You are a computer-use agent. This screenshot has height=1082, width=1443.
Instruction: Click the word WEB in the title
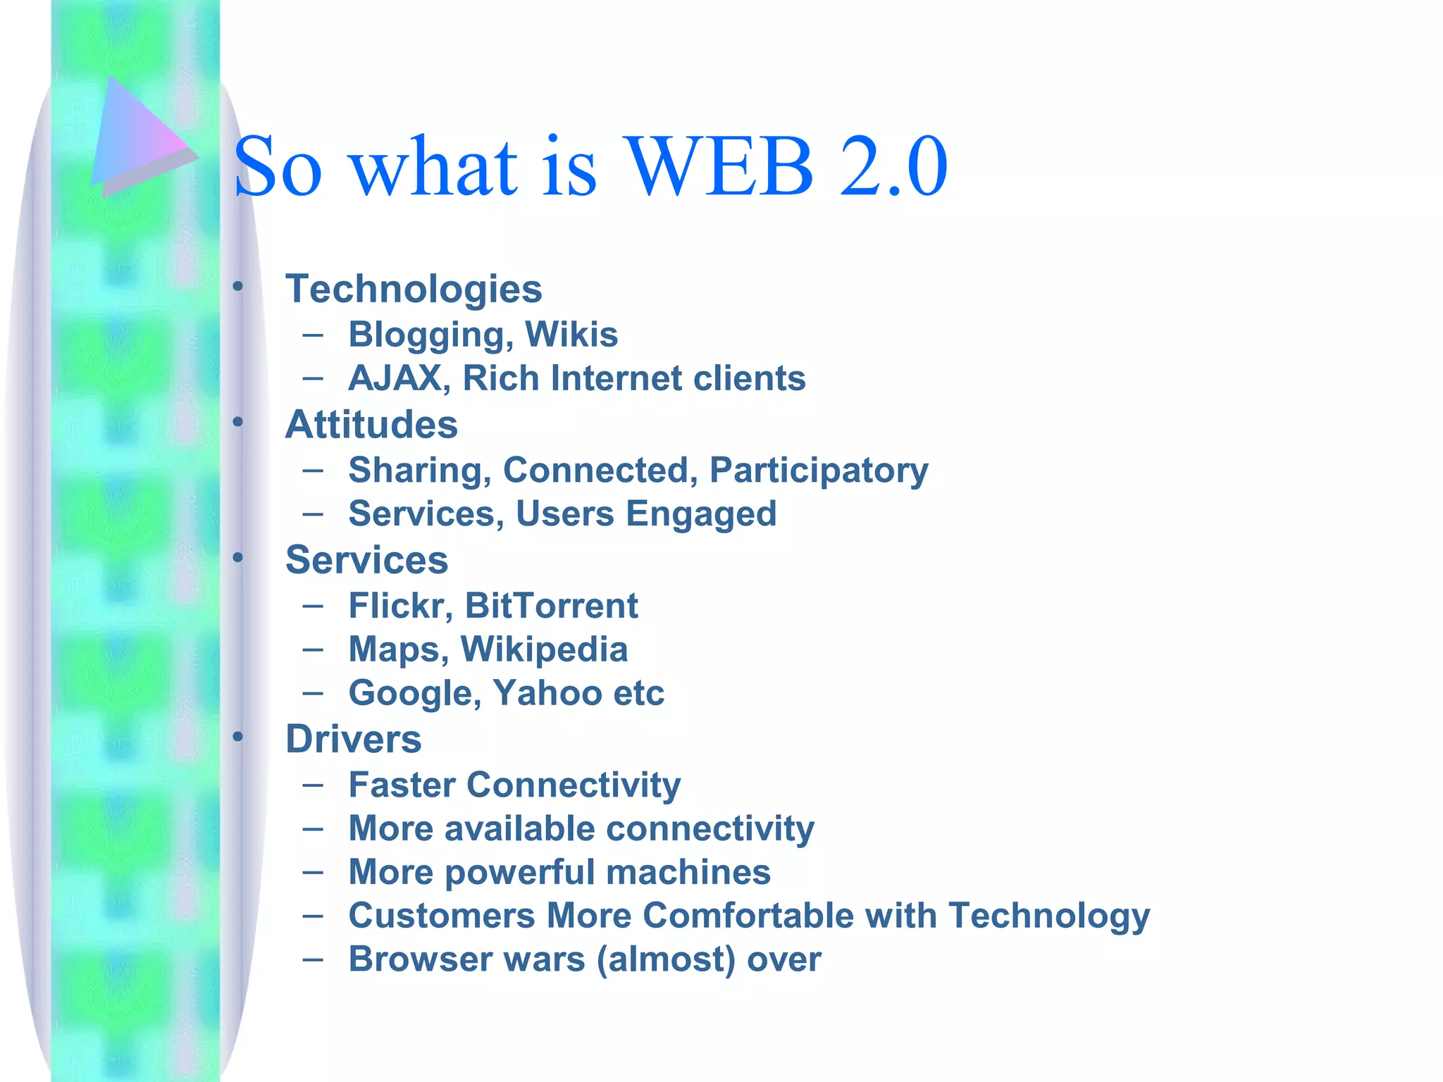(x=719, y=167)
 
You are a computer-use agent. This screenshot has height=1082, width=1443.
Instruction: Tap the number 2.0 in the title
(x=893, y=167)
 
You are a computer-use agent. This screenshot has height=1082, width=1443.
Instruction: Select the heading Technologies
(x=414, y=289)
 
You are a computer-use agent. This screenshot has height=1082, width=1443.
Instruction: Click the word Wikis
(x=571, y=334)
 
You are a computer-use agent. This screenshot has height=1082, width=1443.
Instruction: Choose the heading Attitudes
(x=371, y=424)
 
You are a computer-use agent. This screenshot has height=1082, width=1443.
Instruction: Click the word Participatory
(x=819, y=471)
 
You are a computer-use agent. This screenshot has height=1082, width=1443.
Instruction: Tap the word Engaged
(x=701, y=514)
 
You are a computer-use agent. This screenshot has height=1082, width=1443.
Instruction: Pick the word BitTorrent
(x=551, y=606)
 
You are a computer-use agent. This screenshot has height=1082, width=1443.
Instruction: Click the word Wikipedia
(x=544, y=649)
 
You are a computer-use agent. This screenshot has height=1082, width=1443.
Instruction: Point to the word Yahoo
(x=547, y=693)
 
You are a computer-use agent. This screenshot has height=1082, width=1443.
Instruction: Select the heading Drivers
(x=353, y=739)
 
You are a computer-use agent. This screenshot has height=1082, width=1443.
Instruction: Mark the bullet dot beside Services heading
(x=238, y=558)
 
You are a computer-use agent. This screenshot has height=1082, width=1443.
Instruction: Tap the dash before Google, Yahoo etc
(x=313, y=693)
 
